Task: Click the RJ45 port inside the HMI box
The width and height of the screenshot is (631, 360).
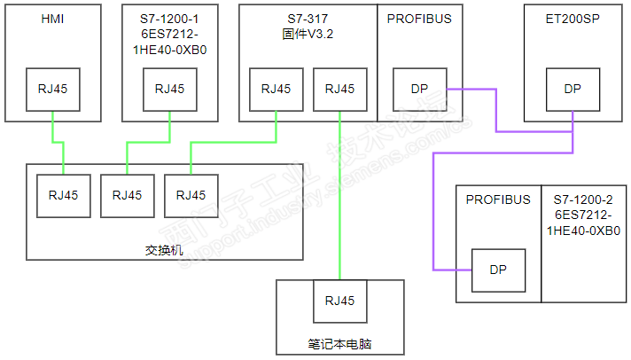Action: [x=53, y=89]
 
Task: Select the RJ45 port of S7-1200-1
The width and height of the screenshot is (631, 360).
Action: [x=169, y=89]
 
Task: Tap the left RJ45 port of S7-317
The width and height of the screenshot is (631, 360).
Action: [x=276, y=89]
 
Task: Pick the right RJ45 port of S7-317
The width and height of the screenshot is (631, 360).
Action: [x=339, y=89]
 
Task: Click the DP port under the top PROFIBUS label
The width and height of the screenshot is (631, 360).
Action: [x=419, y=89]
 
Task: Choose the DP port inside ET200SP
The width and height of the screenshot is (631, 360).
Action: [x=573, y=89]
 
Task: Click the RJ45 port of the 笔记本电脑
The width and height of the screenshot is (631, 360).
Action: [x=339, y=301]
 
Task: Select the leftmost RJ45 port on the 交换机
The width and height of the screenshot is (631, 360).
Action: [x=63, y=195]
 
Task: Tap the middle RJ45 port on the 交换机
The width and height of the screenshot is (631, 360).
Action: [x=127, y=195]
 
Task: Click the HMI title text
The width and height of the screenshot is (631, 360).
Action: [x=53, y=19]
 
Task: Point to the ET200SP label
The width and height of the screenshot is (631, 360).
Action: [x=573, y=19]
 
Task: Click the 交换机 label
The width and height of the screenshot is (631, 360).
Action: [x=164, y=249]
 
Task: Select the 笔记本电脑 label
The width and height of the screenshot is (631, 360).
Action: [x=339, y=343]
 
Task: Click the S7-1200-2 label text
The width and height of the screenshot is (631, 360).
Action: [x=582, y=200]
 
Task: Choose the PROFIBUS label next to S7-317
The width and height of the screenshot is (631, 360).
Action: [x=419, y=19]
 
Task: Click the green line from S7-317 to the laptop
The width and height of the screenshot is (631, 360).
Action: [x=339, y=204]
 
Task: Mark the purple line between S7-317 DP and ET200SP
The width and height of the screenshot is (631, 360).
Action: [x=495, y=111]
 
